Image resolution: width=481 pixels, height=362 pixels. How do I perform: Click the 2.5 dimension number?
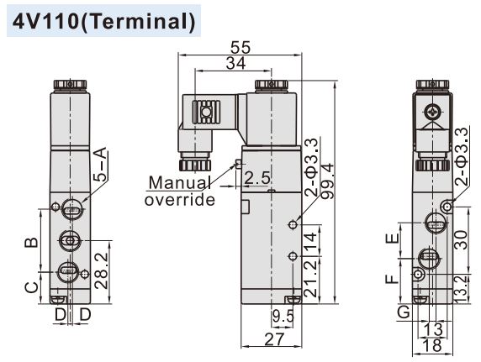257,179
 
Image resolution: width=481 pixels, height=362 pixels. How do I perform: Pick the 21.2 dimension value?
312,278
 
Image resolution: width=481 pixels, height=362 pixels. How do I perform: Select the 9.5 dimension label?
283,317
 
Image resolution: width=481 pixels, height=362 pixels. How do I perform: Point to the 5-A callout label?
100,165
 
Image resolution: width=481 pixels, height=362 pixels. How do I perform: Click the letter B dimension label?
30,243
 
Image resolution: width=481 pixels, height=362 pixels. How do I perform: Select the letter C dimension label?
30,286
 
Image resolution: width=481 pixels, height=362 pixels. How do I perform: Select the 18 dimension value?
432,345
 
